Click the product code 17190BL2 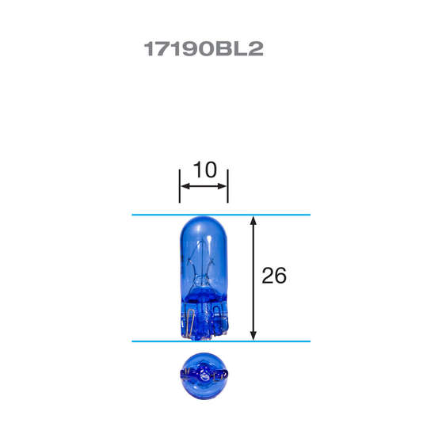click(x=203, y=49)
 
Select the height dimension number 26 click(x=273, y=276)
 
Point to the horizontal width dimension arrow click(x=204, y=186)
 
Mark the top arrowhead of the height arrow click(x=253, y=220)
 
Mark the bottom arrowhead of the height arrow click(x=253, y=335)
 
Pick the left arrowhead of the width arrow click(x=183, y=186)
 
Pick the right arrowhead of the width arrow click(x=224, y=186)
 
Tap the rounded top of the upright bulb click(x=204, y=224)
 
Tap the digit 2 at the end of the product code click(x=254, y=49)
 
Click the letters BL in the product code click(x=230, y=49)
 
